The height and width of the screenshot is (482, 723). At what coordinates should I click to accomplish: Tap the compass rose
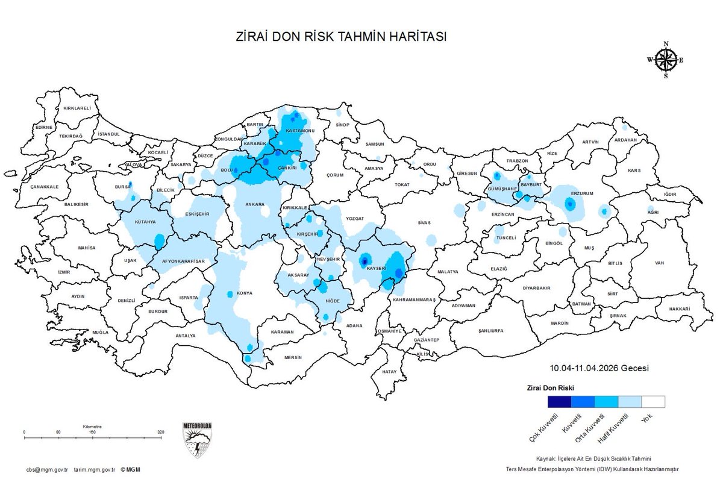point(666,60)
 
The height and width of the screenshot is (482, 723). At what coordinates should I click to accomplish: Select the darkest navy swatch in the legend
point(559,402)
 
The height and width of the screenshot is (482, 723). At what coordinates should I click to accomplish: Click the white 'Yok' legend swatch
point(653,402)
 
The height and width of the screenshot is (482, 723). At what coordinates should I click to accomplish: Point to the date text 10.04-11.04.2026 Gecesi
point(599,368)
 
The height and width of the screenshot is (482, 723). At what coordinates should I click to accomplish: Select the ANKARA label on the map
point(255,205)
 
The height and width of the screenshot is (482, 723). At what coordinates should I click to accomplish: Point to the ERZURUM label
point(583,193)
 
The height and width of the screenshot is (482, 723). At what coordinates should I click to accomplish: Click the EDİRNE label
point(44,128)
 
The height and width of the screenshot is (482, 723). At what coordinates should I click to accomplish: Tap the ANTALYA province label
point(185,336)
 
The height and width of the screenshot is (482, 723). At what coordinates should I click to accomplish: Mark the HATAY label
point(390,372)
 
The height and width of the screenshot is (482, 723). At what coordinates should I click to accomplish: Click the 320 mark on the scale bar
point(160,433)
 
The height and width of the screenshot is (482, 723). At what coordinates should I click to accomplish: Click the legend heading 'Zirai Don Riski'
point(551,387)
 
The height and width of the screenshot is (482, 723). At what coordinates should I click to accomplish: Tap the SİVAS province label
point(425,223)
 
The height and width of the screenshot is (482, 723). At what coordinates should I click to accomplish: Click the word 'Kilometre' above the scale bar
point(93,426)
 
